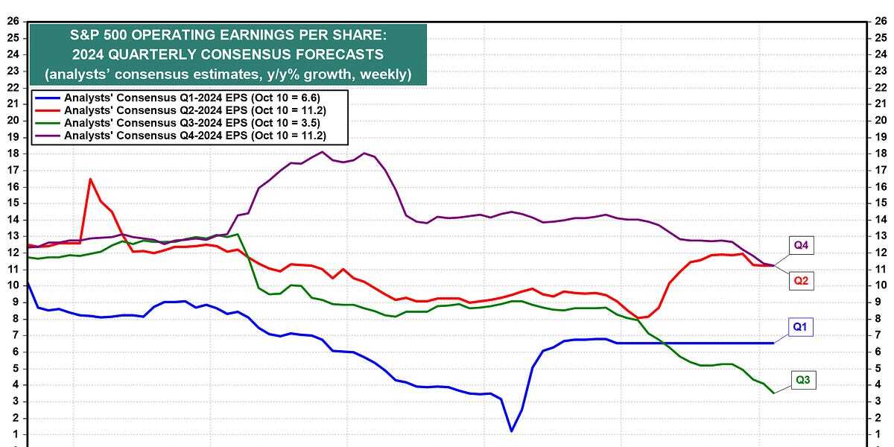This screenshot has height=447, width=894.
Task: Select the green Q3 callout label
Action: [803, 381]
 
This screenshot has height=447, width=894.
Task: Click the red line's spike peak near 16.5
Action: [90, 179]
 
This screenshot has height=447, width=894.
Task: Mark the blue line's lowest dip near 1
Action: [511, 431]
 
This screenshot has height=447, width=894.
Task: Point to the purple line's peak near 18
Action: [322, 152]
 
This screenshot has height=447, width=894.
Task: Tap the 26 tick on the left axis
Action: [13, 21]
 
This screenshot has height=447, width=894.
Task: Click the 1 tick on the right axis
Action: [881, 434]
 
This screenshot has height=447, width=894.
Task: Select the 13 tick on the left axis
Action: [13, 235]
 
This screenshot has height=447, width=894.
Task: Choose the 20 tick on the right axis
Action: [882, 120]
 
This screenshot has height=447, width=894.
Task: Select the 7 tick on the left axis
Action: [13, 335]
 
